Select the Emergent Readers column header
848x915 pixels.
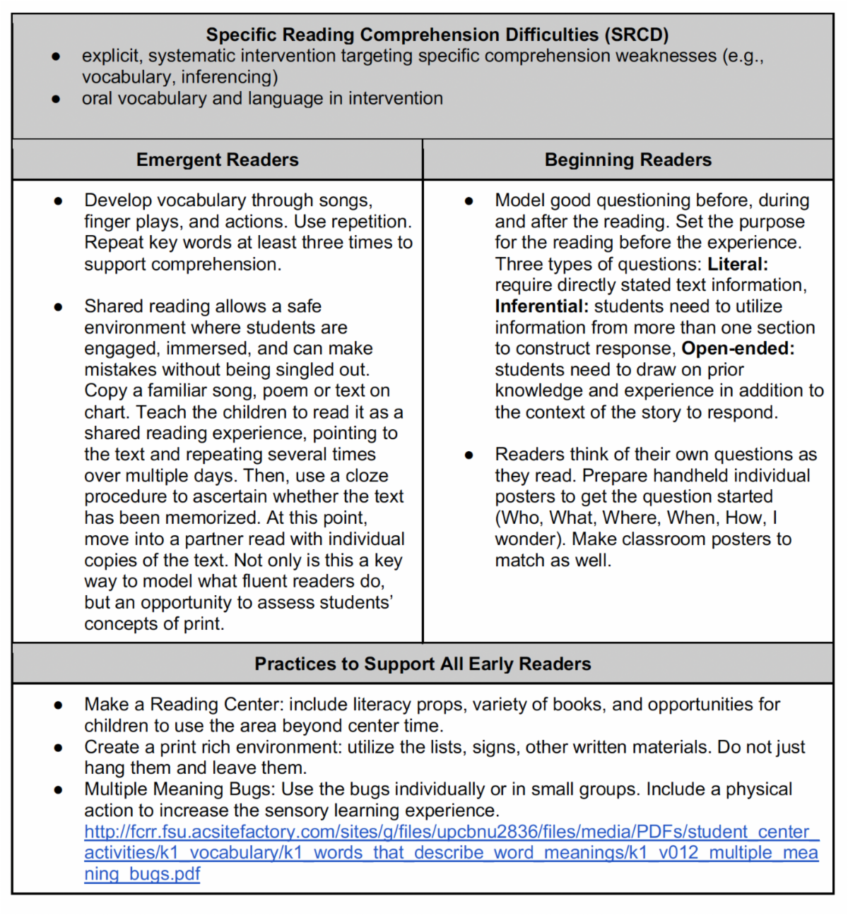click(x=217, y=160)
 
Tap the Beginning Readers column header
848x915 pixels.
click(x=628, y=160)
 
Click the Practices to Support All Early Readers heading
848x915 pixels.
click(x=423, y=664)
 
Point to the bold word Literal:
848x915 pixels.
click(x=738, y=264)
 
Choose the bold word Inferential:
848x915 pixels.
click(x=541, y=306)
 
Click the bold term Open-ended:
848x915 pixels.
click(x=738, y=349)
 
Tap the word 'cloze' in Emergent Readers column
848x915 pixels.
click(x=367, y=476)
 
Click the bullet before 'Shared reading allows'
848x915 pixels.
click(x=58, y=307)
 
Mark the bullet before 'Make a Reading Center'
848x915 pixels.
click(x=58, y=705)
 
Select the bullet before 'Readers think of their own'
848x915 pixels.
click(x=469, y=455)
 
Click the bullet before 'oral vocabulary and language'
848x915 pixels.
click(x=56, y=99)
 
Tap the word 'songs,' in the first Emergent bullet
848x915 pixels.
click(x=346, y=201)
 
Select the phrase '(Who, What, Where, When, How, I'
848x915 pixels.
click(x=636, y=518)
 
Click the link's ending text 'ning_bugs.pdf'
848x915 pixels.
click(x=142, y=874)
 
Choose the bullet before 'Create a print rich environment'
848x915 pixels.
click(x=58, y=748)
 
